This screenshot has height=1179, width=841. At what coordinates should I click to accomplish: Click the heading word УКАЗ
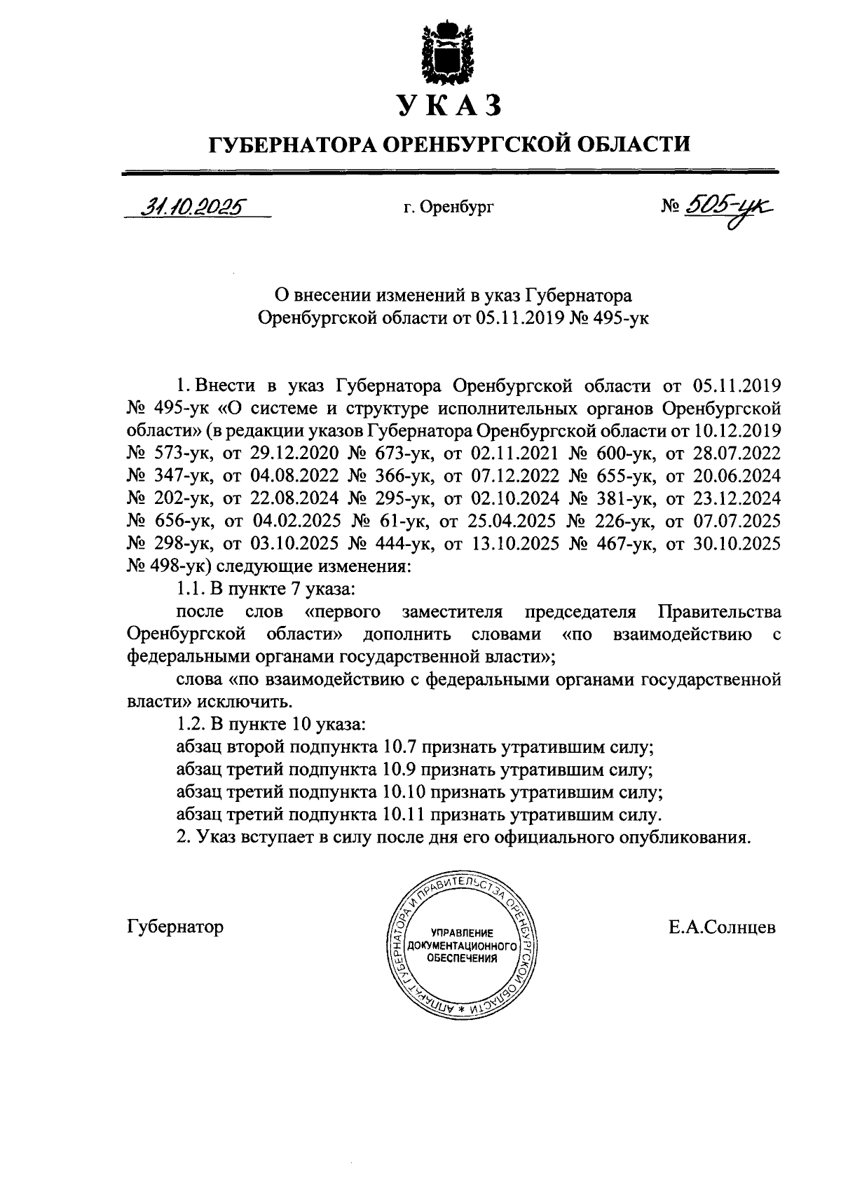(449, 106)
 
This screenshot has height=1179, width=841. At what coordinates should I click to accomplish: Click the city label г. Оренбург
(449, 207)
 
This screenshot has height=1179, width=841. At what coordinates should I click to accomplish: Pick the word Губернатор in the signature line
(176, 927)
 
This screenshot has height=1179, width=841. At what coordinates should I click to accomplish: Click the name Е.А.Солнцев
(722, 927)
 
